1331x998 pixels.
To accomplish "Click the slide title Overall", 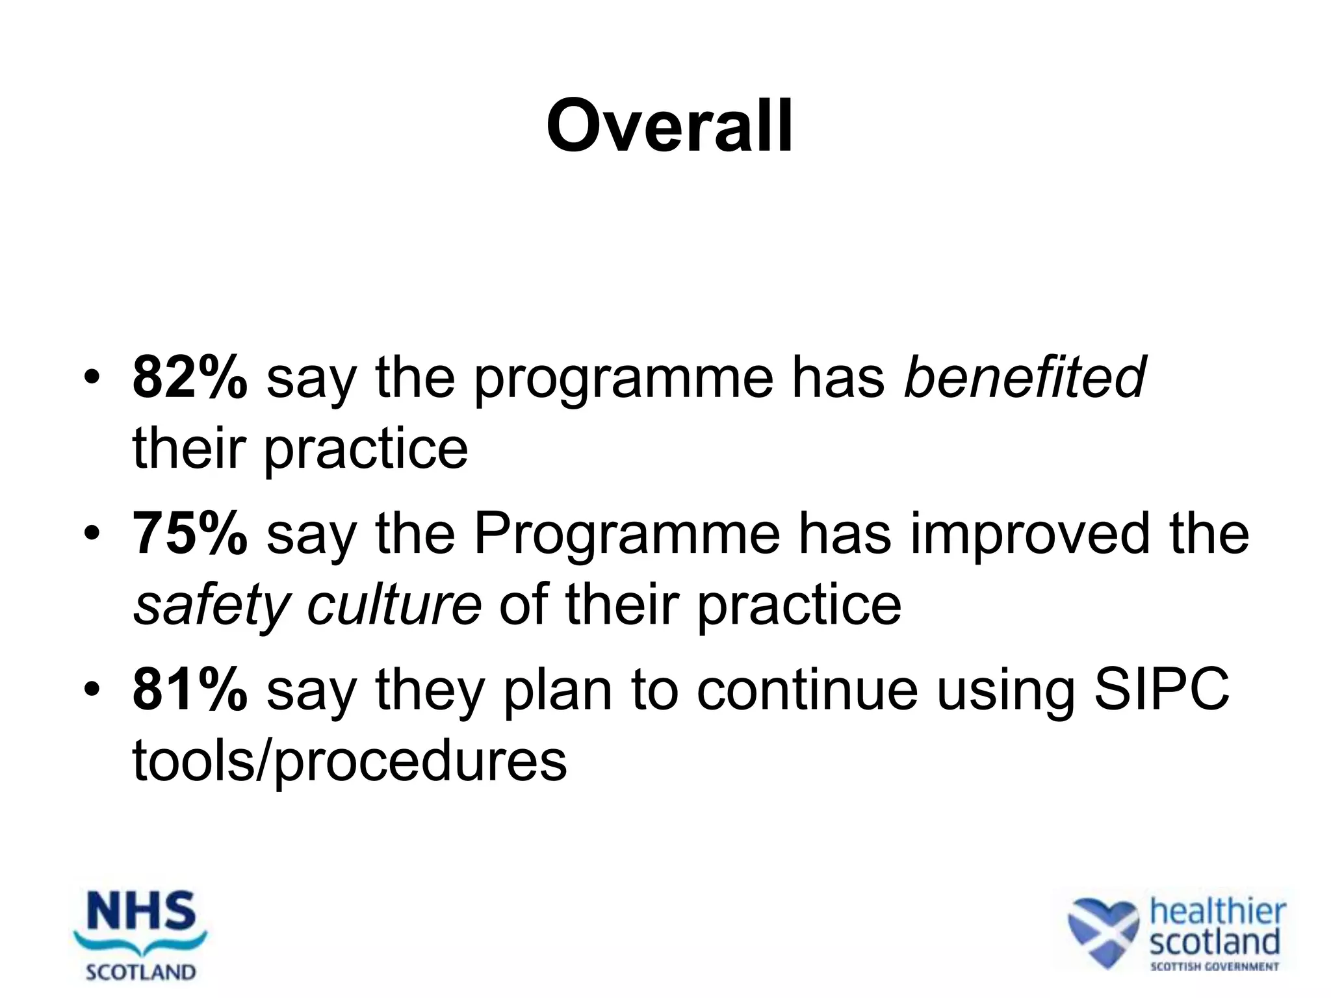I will tap(669, 126).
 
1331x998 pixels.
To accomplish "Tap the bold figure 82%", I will tap(190, 377).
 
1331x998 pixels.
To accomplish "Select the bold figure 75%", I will tap(190, 533).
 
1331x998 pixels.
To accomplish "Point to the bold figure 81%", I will tap(190, 689).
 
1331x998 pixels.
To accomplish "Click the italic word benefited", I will tap(1024, 377).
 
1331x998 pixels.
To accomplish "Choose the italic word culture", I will tap(394, 604).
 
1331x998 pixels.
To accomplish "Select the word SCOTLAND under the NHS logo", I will tap(140, 973).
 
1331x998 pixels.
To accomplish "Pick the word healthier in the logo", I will tap(1217, 912).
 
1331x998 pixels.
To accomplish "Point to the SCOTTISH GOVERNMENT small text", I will tap(1214, 967).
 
